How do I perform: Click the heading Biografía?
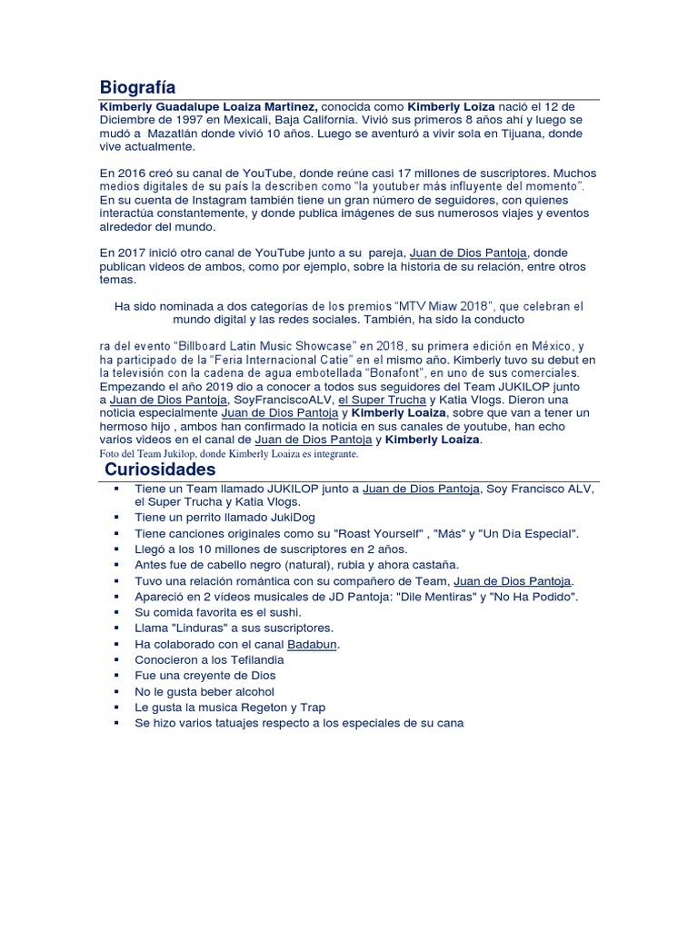point(137,87)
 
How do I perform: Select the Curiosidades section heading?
point(160,470)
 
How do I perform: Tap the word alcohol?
point(249,691)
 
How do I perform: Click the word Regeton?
point(262,707)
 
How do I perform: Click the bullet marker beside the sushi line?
point(117,612)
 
